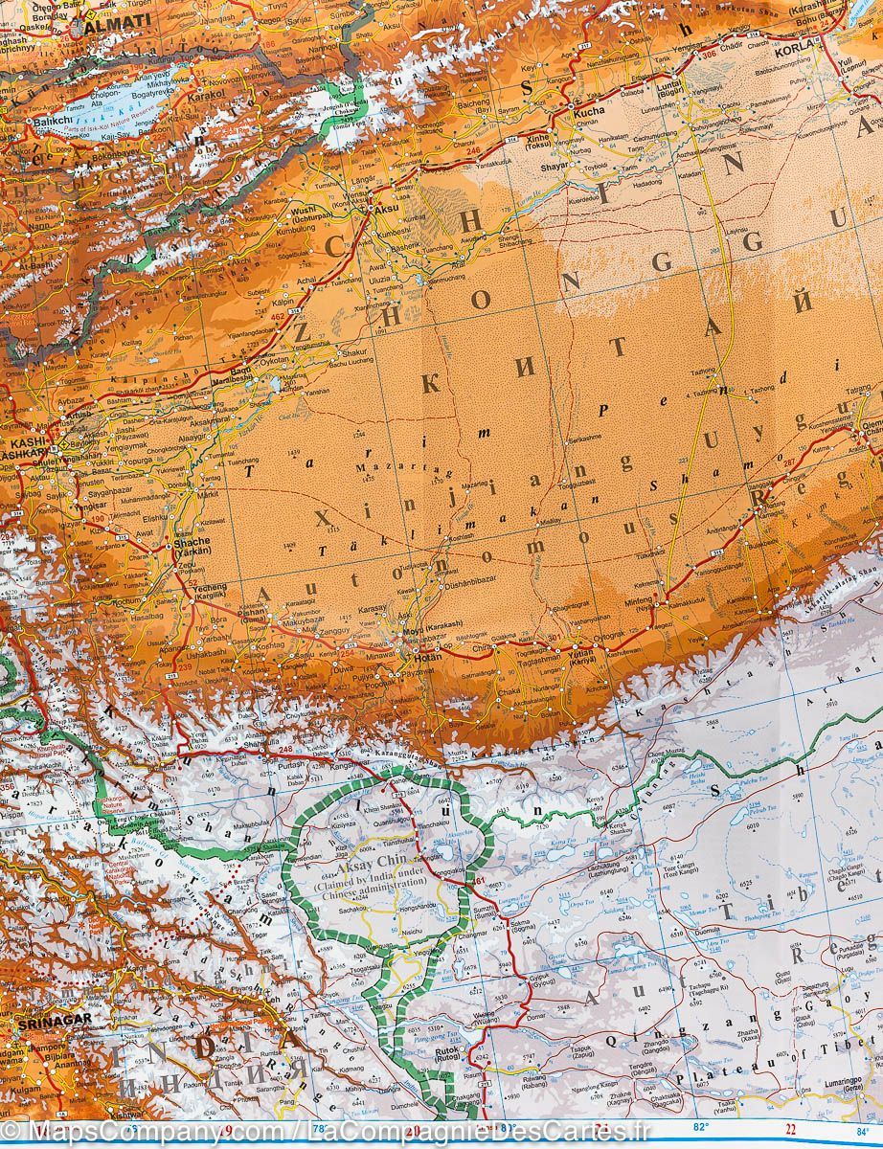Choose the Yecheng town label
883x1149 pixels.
click(210, 587)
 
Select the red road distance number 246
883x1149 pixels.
click(472, 150)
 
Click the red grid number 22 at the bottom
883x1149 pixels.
click(791, 1127)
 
